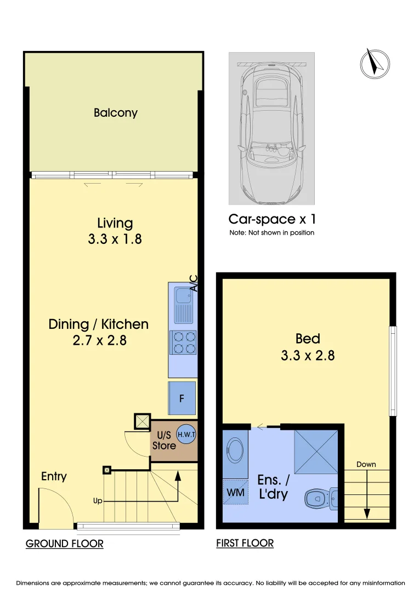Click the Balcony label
115,113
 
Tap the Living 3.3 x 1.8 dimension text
115,239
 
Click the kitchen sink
183,305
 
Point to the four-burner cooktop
183,342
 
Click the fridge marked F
182,398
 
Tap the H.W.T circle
186,434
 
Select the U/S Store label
163,440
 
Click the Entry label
54,476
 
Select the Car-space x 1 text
272,219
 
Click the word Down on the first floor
366,464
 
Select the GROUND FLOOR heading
65,544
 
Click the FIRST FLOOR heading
245,543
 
